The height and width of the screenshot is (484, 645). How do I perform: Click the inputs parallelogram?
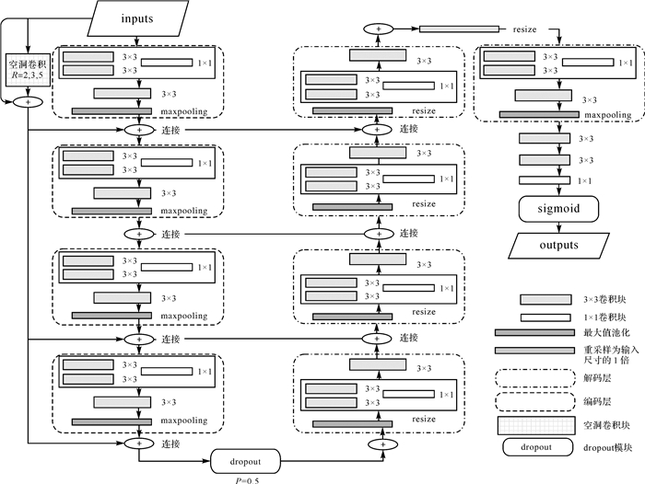[138, 17]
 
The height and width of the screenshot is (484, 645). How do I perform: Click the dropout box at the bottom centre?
[243, 458]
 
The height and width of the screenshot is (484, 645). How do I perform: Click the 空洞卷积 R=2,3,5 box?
[28, 71]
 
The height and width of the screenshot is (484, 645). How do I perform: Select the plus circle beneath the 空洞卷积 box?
[29, 100]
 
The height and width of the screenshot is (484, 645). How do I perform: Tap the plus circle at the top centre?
[376, 29]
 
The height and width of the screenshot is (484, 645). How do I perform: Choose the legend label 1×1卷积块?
[604, 316]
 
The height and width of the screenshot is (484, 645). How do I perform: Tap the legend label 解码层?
[597, 377]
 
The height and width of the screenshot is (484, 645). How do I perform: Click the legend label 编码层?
[597, 401]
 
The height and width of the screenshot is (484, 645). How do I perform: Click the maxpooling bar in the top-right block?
[544, 114]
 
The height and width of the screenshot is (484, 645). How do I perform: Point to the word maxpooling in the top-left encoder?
[185, 112]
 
